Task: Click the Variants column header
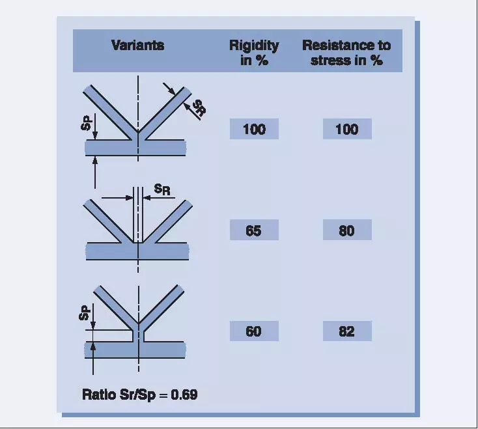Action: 138,46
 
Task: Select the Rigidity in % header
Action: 254,53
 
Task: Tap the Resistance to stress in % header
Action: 346,53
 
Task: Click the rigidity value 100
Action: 254,129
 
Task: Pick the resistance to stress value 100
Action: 347,129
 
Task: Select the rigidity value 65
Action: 253,230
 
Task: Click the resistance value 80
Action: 346,230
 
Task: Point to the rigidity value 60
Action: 253,331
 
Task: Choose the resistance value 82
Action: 346,331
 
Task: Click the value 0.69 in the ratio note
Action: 184,394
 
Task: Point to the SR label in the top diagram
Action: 200,108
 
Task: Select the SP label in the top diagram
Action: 86,123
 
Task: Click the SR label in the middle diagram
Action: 162,189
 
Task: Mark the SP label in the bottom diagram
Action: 85,313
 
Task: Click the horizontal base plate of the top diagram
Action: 135,148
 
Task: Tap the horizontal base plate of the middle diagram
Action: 137,251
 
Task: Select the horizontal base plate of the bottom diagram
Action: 135,350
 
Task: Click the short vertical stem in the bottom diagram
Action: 139,335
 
